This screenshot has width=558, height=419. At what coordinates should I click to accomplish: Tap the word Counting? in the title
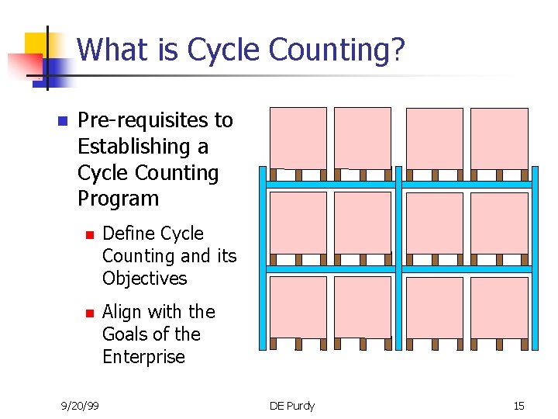click(337, 50)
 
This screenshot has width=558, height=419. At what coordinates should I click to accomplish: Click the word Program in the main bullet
click(118, 199)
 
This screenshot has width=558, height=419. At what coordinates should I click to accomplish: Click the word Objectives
click(145, 279)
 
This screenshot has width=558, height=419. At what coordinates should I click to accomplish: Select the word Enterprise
click(143, 357)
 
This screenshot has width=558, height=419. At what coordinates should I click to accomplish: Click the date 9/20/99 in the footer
click(81, 406)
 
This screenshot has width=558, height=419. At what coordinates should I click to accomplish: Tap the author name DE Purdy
click(292, 406)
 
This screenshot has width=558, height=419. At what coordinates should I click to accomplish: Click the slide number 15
click(518, 406)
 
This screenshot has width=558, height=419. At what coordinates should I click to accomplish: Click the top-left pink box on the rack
click(298, 137)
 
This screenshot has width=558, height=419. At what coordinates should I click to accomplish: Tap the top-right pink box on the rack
click(499, 138)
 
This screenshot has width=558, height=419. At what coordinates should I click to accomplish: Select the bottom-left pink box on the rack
click(298, 307)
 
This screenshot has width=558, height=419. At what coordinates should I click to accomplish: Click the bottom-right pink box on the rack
click(499, 307)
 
